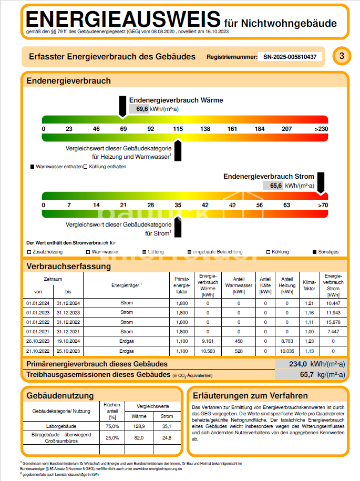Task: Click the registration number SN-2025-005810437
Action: pos(290,57)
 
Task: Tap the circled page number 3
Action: pos(342,56)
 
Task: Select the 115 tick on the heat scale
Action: pos(178,129)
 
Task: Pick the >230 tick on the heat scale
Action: pos(321,129)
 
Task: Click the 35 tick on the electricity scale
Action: pos(178,205)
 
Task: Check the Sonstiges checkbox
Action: pos(315,252)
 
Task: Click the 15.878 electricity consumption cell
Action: pos(333,322)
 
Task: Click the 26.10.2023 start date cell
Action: pos(37,341)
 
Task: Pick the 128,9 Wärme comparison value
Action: pos(139,426)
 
